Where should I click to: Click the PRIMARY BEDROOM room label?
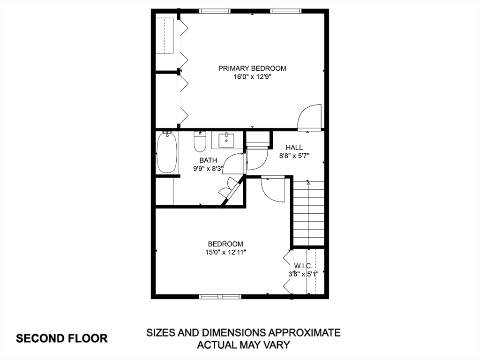click(252, 68)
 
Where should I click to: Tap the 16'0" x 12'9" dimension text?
click(253, 77)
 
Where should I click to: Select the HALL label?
click(294, 147)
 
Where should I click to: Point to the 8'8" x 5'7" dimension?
click(294, 156)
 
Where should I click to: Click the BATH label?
click(208, 160)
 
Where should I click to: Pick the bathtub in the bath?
click(167, 152)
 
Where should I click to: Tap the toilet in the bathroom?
click(200, 142)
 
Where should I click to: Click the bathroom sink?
click(226, 140)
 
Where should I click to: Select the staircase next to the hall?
click(308, 213)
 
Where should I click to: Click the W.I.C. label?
click(303, 266)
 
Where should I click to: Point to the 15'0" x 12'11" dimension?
click(226, 253)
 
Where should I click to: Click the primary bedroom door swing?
click(309, 117)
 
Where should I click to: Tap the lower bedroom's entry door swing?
click(273, 189)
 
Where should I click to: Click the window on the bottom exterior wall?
click(220, 296)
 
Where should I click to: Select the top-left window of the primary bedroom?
click(215, 11)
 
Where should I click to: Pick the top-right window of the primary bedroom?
click(285, 11)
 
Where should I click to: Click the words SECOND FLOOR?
click(62, 338)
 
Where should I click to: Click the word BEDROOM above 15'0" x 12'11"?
click(225, 244)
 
